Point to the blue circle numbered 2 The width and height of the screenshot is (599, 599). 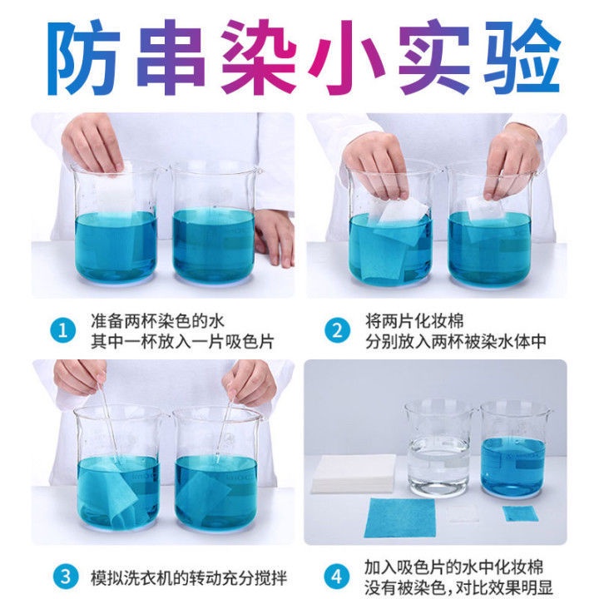(x=337, y=329)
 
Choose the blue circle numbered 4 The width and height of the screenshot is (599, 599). (x=337, y=577)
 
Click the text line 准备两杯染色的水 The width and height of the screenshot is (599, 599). (x=158, y=320)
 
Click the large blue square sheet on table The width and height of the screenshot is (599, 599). (x=401, y=517)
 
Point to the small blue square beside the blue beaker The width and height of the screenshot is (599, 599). (x=516, y=512)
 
